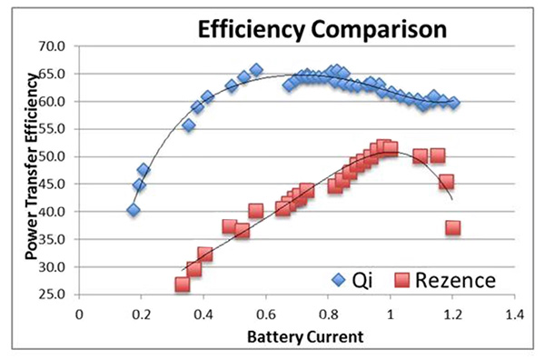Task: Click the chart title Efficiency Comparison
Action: click(322, 29)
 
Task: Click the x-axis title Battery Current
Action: click(301, 336)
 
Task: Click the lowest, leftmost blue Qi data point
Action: click(134, 210)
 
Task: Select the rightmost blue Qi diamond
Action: click(453, 103)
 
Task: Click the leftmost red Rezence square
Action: click(183, 285)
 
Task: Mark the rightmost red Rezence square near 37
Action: click(452, 228)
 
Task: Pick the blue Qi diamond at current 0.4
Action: click(207, 96)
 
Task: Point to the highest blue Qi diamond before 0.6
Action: click(256, 70)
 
